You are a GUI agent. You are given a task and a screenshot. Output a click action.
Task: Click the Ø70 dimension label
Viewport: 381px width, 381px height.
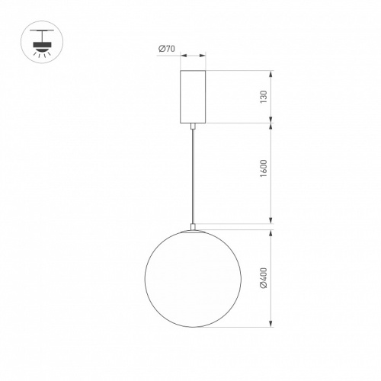167,49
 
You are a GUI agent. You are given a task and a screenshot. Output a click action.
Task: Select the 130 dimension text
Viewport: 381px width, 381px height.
264,97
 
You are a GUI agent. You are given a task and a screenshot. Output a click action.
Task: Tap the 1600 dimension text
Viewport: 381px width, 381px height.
264,168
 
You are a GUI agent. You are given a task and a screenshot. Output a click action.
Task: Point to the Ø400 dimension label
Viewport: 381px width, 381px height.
264,278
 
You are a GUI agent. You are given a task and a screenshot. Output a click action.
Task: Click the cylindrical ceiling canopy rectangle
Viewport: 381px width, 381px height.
193,97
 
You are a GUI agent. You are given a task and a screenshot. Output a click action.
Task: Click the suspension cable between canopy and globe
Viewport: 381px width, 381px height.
193,177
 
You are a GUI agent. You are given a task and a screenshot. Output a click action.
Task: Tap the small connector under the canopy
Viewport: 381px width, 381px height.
193,126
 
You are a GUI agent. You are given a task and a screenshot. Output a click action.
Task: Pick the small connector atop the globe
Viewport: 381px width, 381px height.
193,227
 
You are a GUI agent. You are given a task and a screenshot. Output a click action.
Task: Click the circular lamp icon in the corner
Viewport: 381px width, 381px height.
42,42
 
